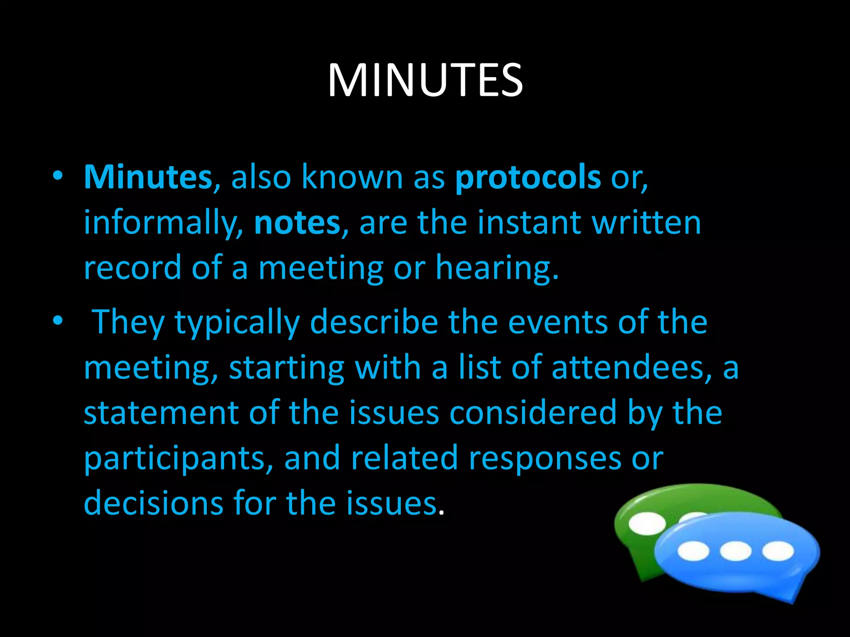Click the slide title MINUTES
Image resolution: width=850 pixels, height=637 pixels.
(425, 80)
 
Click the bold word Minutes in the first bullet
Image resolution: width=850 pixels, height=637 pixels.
(148, 177)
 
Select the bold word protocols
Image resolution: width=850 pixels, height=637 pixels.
(528, 177)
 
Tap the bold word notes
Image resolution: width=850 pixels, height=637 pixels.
(297, 223)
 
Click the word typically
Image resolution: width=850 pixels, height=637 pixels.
(237, 323)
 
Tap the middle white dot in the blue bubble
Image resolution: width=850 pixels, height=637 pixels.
(735, 551)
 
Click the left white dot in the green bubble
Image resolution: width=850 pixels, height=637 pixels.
(647, 523)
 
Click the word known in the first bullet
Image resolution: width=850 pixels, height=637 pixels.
(352, 177)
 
